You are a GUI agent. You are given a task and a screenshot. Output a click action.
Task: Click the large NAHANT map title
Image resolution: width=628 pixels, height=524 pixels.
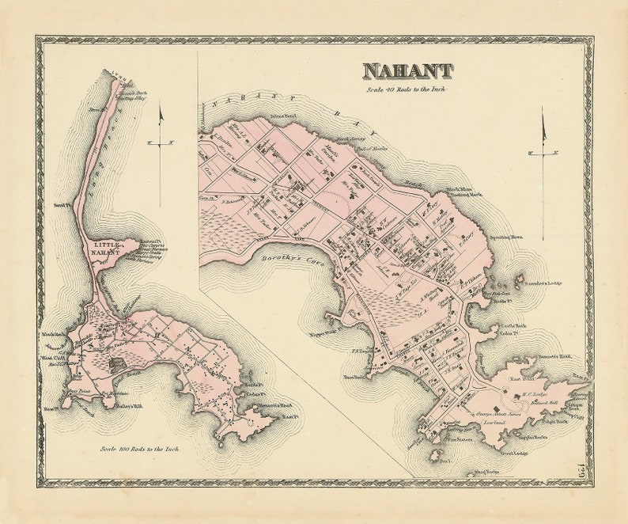tap(408, 71)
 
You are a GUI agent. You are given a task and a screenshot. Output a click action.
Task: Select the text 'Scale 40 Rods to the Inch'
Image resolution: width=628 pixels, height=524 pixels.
tap(408, 90)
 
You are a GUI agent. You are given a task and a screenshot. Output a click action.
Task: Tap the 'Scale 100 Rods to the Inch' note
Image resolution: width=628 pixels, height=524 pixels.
tap(139, 449)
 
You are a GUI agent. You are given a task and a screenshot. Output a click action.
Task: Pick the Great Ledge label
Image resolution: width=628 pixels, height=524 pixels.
tap(513, 454)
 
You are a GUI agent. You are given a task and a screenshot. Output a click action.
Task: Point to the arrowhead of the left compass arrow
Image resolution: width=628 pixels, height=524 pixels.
tap(161, 116)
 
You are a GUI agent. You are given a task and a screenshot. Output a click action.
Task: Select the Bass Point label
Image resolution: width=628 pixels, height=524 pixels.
tap(77, 392)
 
